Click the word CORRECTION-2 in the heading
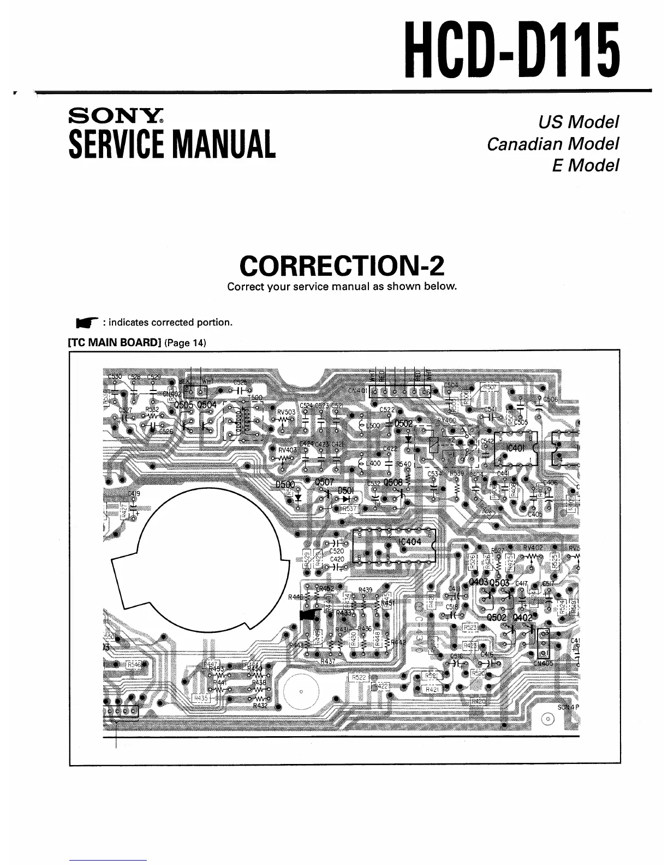click(x=342, y=266)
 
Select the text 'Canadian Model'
click(x=552, y=144)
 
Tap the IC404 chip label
click(x=410, y=542)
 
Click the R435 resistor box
click(x=201, y=698)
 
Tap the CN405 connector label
click(x=543, y=663)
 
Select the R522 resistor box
click(x=359, y=677)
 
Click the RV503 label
click(x=286, y=412)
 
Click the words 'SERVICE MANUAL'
click(x=172, y=144)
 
